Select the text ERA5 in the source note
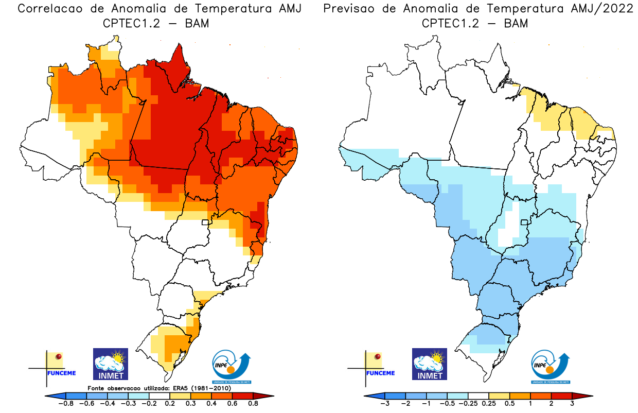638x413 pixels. point(181,387)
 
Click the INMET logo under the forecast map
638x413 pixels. point(429,364)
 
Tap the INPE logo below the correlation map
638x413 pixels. point(231,367)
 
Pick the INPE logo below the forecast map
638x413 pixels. point(550,367)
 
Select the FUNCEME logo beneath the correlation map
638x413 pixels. point(57,366)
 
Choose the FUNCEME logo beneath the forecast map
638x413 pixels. point(376,366)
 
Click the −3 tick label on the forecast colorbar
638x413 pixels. point(384,404)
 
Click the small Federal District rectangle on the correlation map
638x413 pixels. point(205,222)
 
